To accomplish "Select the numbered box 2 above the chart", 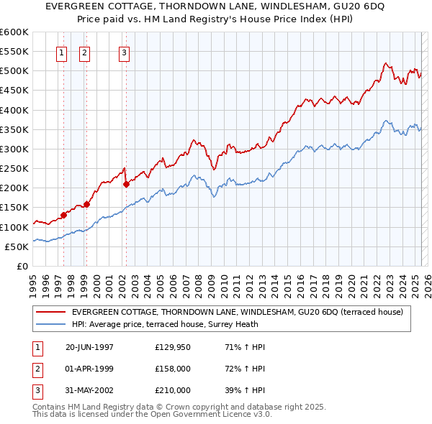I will (84, 52).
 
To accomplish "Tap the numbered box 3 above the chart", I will (124, 52).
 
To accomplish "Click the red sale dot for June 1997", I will (63, 215).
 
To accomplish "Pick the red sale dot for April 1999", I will (86, 204).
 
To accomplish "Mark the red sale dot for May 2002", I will (126, 184).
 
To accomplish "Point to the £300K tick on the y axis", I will (14, 149).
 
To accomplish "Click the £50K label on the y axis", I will (17, 246).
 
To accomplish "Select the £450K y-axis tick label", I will (14, 91).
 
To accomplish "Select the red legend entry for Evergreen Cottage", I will (241, 312).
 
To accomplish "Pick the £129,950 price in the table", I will (173, 347).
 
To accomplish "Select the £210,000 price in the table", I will (173, 390).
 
